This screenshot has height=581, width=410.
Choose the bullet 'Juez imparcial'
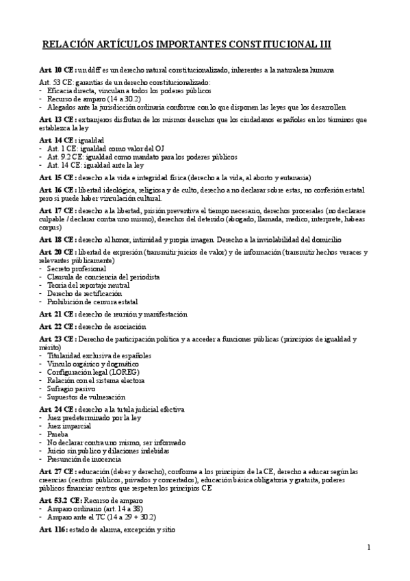pyautogui.click(x=69, y=425)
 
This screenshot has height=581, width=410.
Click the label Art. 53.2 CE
pyautogui.click(x=61, y=501)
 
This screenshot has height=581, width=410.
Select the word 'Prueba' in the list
pyautogui.click(x=59, y=434)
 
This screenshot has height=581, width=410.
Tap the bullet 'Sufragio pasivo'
pyautogui.click(x=71, y=388)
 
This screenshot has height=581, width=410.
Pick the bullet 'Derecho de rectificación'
pyautogui.click(x=79, y=293)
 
